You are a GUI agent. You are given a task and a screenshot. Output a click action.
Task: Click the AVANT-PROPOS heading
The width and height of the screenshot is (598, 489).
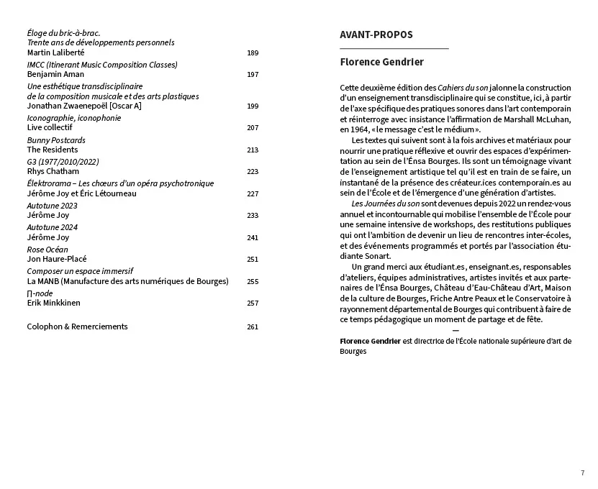tap(376, 35)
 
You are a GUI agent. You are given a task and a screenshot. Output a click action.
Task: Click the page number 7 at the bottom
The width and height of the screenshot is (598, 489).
tap(582, 472)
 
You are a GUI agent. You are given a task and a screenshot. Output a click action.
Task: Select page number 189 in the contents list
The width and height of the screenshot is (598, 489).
tap(252, 52)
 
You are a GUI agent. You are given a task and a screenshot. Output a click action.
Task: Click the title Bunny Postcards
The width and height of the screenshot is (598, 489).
tap(56, 140)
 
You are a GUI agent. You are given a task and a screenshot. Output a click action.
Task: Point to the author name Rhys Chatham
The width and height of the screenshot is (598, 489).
tap(53, 171)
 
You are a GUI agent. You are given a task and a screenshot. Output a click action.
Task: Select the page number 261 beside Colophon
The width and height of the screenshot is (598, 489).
tap(252, 326)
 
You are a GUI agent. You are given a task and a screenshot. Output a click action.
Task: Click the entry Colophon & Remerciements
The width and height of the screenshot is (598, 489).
tap(77, 326)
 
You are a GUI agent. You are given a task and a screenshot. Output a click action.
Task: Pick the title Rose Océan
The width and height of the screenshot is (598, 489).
tap(47, 250)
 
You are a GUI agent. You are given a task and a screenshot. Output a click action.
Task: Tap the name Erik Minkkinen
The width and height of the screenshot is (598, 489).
tap(53, 303)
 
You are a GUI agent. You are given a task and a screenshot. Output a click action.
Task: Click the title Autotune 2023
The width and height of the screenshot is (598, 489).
tap(52, 206)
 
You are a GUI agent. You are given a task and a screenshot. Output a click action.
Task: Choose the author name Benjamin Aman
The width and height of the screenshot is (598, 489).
tap(55, 74)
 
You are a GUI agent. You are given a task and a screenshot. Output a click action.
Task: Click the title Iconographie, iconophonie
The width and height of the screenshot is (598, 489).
tap(74, 118)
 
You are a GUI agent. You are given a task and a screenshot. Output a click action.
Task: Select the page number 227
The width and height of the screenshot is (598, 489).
tap(252, 193)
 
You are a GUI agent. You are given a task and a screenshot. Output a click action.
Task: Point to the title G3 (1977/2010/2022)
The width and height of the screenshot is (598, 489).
tap(63, 162)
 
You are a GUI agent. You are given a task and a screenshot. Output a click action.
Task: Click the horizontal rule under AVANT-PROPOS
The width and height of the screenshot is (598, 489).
tap(394, 47)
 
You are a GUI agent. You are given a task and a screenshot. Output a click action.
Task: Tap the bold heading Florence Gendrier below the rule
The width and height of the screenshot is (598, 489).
tap(381, 63)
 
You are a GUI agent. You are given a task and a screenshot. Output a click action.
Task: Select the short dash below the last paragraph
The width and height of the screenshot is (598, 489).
tap(456, 330)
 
